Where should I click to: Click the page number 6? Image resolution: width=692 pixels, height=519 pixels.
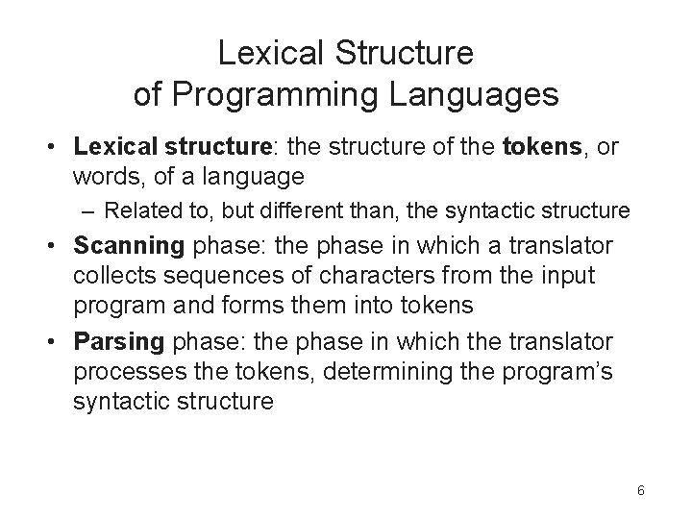pos(640,490)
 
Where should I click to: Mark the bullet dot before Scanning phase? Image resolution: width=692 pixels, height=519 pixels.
pos(59,246)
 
